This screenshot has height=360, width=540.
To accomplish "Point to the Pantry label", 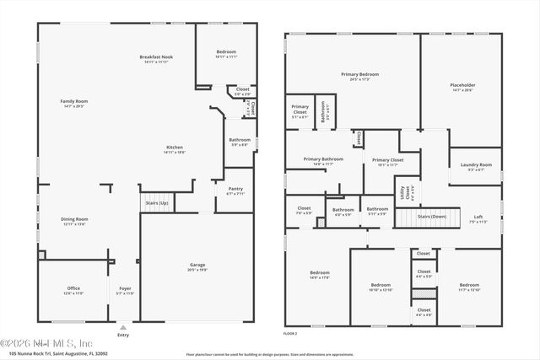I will (x=235, y=191).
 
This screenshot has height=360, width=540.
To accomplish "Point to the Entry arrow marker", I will (x=124, y=327).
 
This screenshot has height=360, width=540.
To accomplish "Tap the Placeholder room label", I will (x=462, y=87).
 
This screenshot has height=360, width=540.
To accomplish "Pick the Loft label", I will (x=478, y=219).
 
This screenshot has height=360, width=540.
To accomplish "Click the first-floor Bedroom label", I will (x=226, y=54).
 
